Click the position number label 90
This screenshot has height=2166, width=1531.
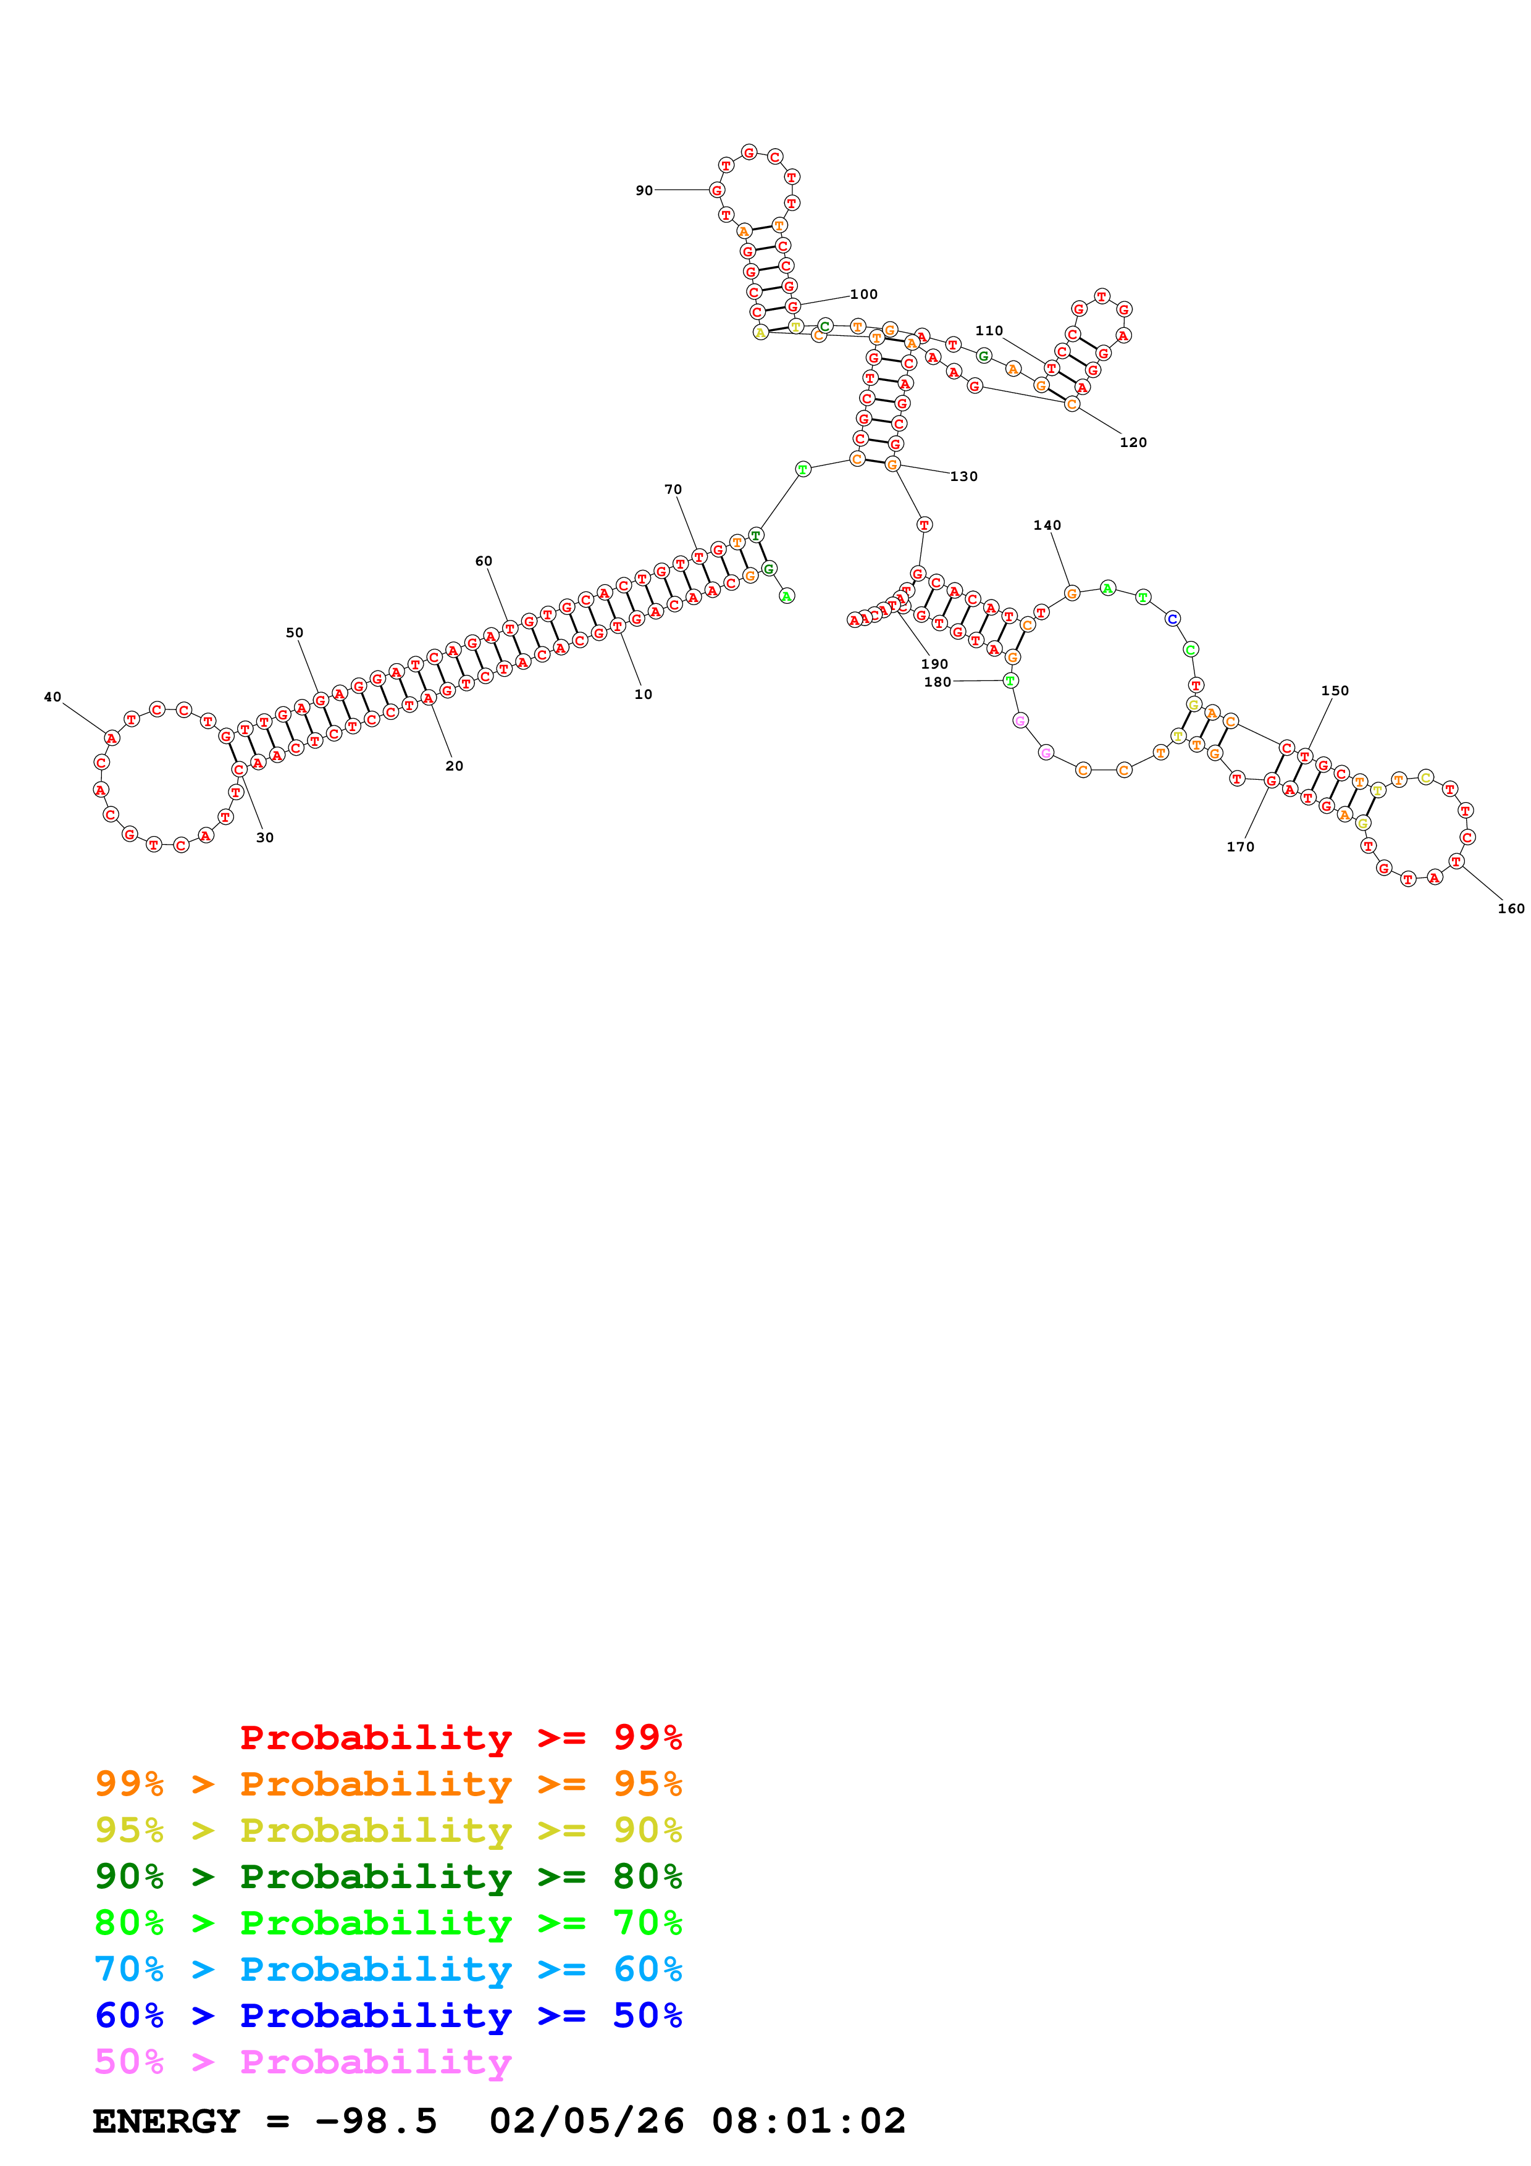[x=644, y=191]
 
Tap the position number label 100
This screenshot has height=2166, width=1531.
[x=863, y=295]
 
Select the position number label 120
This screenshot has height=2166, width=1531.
[x=1133, y=443]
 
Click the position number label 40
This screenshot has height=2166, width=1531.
[x=53, y=697]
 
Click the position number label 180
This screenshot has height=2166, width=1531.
[x=937, y=682]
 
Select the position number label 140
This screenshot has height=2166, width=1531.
[x=1046, y=525]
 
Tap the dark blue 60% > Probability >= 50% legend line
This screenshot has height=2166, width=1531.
[x=388, y=2015]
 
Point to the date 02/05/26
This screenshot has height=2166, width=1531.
[x=586, y=2121]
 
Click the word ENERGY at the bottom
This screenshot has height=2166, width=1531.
[x=166, y=2121]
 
